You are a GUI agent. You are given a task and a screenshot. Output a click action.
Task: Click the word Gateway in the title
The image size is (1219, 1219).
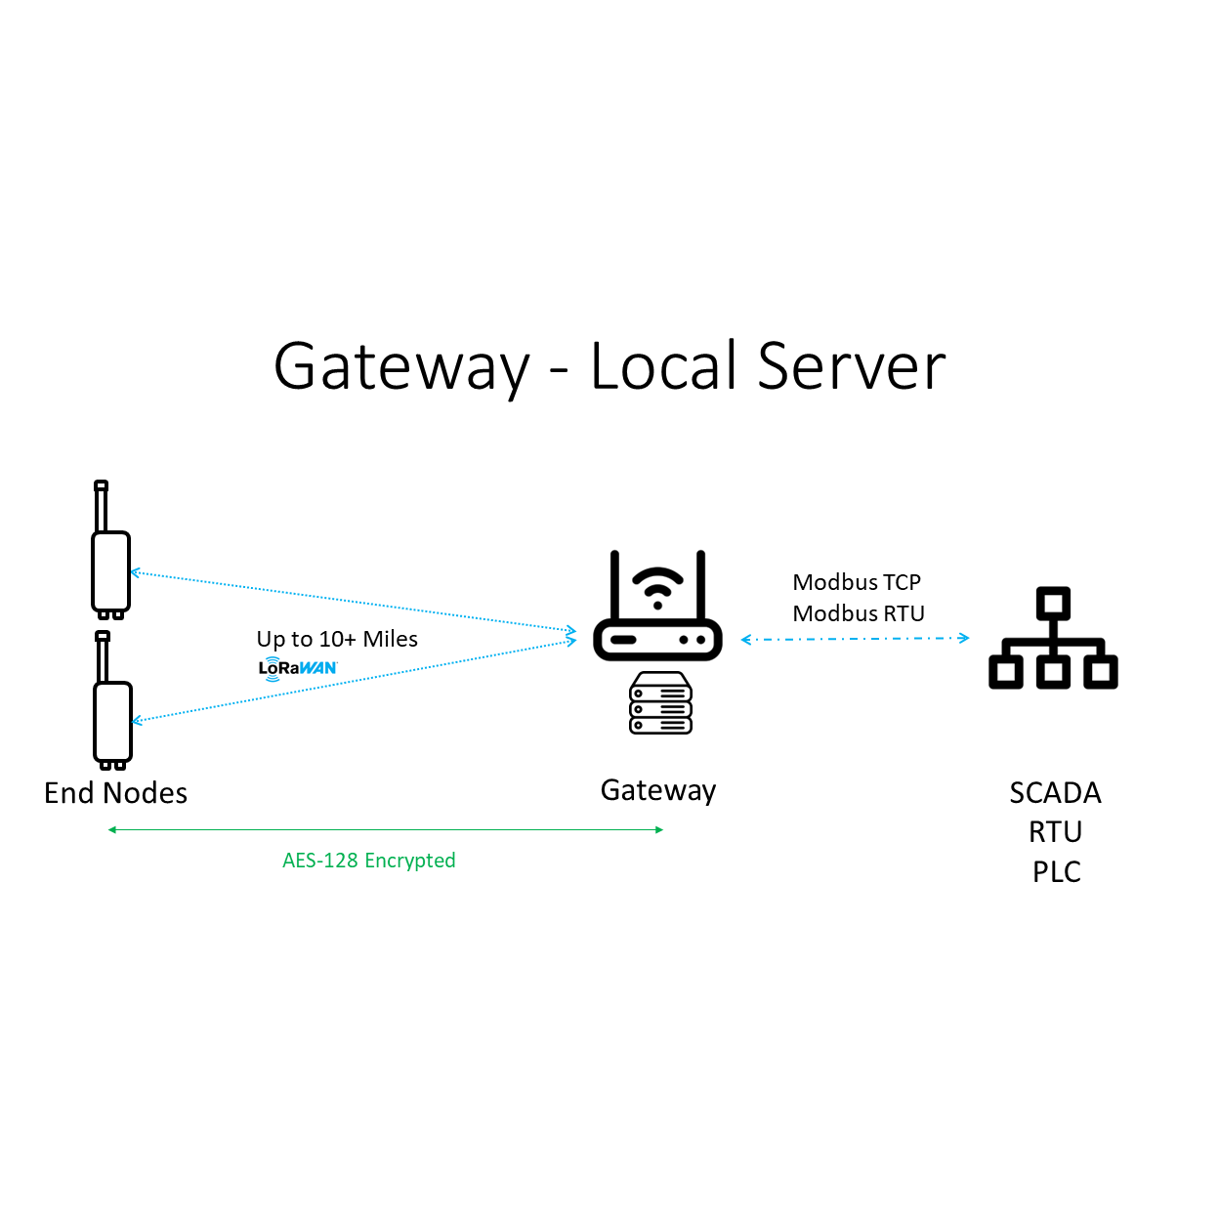tap(400, 367)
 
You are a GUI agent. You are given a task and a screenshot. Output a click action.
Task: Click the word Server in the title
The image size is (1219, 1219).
tap(851, 367)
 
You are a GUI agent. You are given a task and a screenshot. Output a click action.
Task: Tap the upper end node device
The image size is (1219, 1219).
tap(110, 571)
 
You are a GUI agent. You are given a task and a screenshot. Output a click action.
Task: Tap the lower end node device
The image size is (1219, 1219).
tap(112, 721)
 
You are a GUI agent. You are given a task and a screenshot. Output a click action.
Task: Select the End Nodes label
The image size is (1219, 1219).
tap(115, 792)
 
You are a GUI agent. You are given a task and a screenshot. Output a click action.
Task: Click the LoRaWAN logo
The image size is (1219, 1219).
tap(298, 668)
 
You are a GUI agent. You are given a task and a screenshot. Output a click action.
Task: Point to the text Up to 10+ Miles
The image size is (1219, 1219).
tap(337, 639)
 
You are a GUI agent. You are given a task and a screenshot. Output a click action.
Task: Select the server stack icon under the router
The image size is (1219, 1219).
tap(660, 702)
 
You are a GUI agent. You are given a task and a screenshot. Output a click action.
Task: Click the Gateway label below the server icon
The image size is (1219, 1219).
tap(658, 790)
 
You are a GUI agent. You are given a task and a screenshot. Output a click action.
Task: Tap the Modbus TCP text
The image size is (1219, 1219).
tap(857, 582)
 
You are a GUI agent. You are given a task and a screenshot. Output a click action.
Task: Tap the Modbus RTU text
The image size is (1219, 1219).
tap(859, 613)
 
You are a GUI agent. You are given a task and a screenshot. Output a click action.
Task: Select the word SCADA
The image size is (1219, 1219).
tap(1055, 792)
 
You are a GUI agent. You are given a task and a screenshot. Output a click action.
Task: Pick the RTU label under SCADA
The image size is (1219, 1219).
tap(1055, 832)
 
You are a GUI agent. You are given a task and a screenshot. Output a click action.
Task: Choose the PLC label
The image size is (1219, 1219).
tap(1056, 871)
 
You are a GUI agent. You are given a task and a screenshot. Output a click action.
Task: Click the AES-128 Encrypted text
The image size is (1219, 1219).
tap(368, 861)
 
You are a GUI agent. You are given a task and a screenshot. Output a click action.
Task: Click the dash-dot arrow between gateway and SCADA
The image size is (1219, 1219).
tap(855, 639)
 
